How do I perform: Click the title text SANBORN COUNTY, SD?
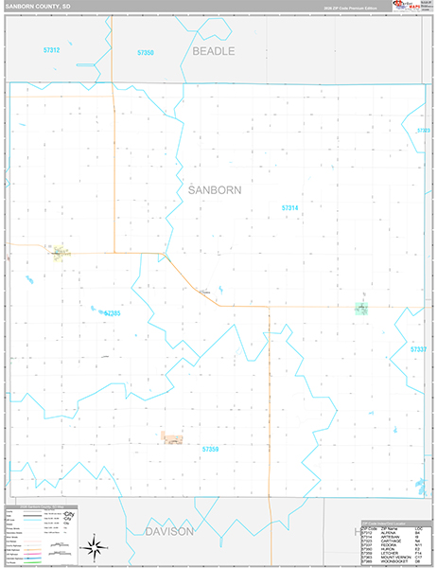point(37,6)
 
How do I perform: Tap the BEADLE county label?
point(213,51)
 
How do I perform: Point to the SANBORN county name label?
point(215,189)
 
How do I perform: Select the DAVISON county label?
point(169,532)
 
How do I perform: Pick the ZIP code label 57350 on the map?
point(145,53)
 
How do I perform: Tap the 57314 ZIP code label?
point(289,207)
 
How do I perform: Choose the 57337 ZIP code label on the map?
point(419,349)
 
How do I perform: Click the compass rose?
point(94,545)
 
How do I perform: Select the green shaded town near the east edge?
point(361,307)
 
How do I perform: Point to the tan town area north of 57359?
point(172,436)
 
